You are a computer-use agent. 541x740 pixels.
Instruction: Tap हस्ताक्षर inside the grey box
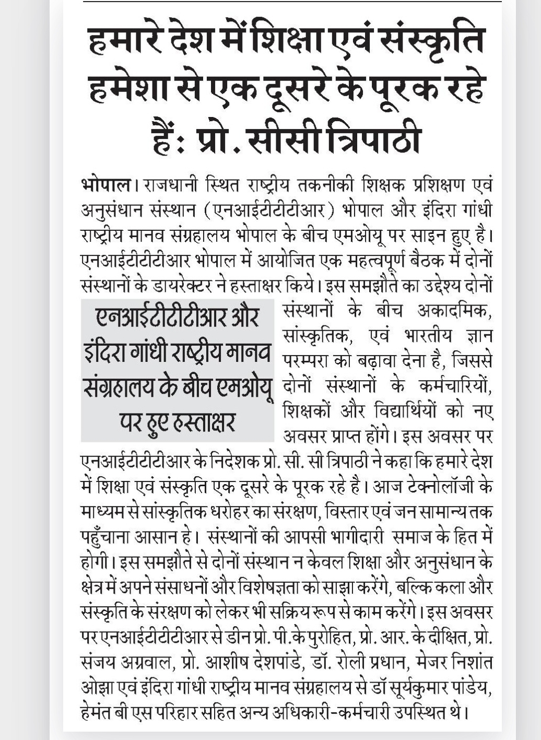[x=206, y=422]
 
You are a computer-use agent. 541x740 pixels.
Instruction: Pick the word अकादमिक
[x=455, y=311]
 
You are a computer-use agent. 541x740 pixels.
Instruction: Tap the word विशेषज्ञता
[x=281, y=587]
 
